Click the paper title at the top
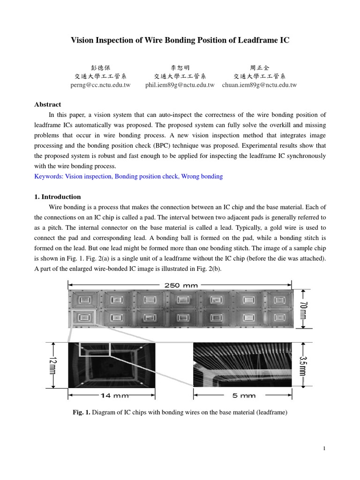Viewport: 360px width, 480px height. point(180,40)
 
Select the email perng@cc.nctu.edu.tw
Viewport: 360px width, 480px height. point(99,85)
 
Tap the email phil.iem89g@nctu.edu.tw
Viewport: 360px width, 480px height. point(180,85)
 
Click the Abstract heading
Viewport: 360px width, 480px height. point(48,105)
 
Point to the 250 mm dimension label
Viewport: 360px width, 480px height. point(180,285)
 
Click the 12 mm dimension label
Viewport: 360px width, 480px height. point(52,365)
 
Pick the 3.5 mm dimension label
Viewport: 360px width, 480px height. point(303,365)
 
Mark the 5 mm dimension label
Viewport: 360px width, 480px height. point(244,395)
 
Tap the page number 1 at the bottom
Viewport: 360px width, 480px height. point(324,449)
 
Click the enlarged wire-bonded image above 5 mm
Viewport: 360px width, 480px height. point(242,365)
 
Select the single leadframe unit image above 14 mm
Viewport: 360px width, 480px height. point(112,365)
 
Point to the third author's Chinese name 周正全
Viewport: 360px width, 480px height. point(260,67)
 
